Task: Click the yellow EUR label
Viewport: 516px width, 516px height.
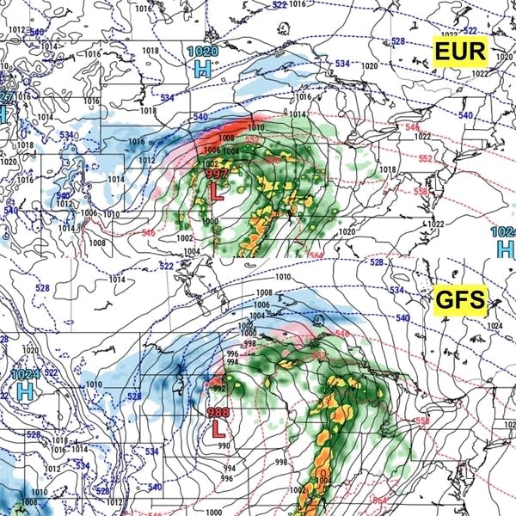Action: (460, 52)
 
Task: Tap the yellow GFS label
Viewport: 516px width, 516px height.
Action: (459, 301)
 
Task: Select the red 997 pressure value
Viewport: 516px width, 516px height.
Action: (216, 175)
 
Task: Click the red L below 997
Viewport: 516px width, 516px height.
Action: (217, 193)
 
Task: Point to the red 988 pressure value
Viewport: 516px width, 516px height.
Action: (218, 413)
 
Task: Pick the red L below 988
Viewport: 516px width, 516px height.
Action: (218, 428)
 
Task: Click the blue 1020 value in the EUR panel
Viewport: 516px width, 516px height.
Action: (202, 52)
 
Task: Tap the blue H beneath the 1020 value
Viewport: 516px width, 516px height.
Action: (203, 69)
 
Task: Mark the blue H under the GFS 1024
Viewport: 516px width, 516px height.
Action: (26, 391)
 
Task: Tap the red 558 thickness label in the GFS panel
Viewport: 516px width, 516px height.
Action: (422, 421)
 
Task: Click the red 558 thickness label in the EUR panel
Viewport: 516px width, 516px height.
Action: (421, 192)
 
